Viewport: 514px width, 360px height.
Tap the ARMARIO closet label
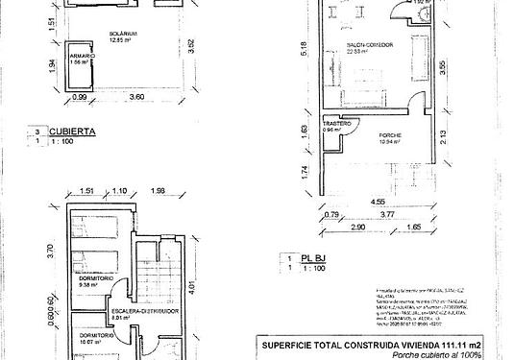82,57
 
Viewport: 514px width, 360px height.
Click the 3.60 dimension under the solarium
136,98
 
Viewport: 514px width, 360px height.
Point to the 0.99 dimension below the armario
80,98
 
